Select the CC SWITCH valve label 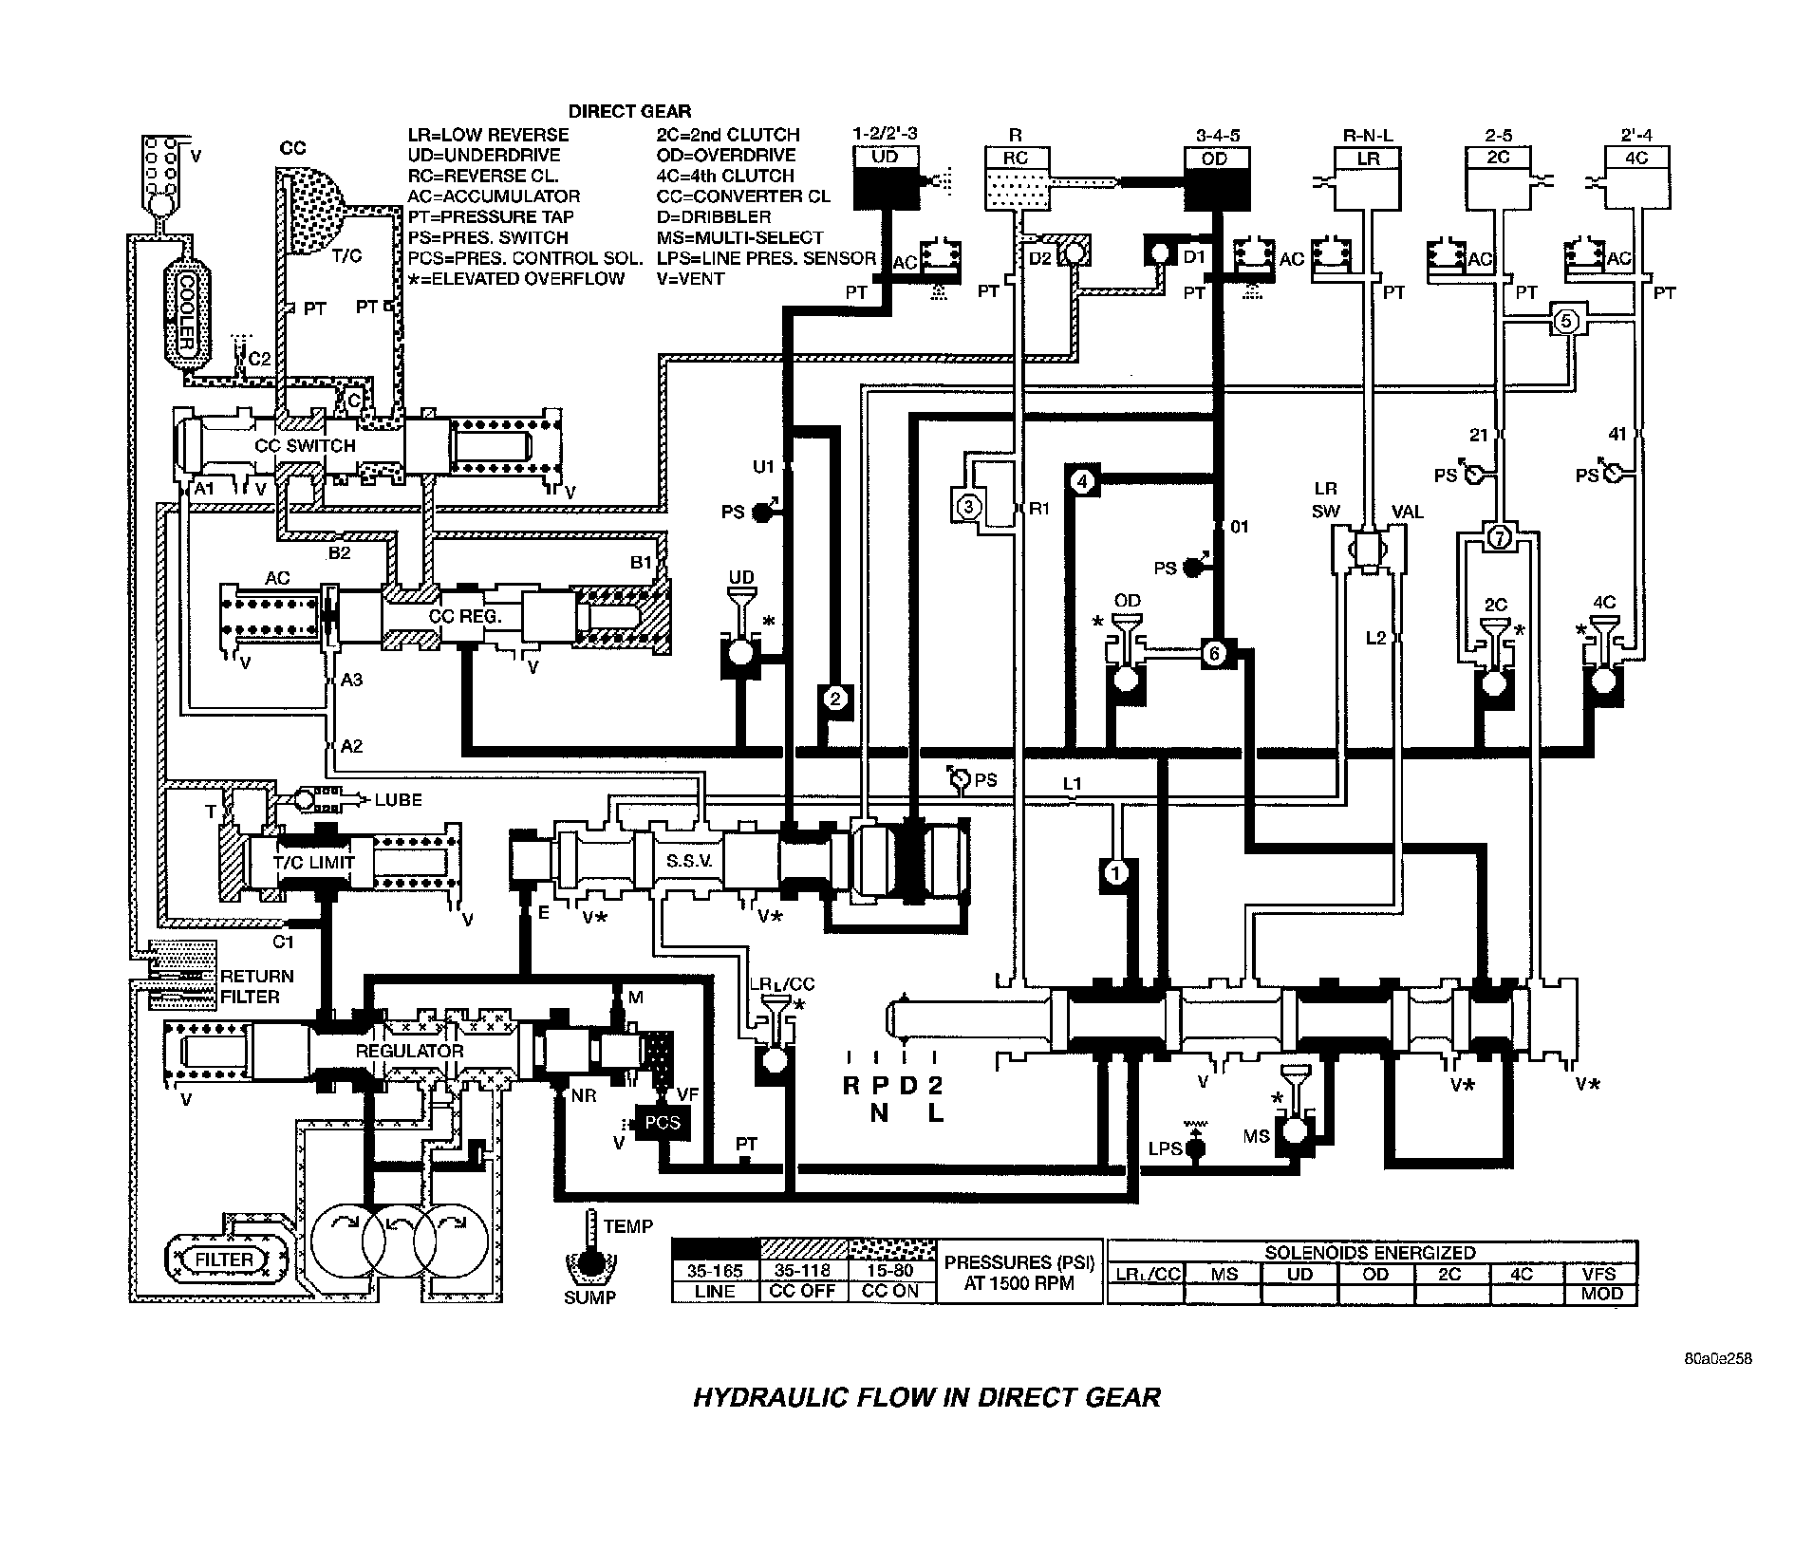(x=306, y=445)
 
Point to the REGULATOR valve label (x=409, y=1051)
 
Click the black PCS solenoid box (x=662, y=1122)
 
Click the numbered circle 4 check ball (x=1085, y=481)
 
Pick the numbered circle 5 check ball (x=1566, y=322)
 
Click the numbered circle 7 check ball (x=1498, y=537)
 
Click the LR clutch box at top (x=1368, y=177)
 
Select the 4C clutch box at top (x=1635, y=177)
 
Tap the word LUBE (x=398, y=800)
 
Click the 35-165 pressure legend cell (x=715, y=1271)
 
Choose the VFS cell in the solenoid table (x=1600, y=1274)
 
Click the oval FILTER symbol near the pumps (x=225, y=1260)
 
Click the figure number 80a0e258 (x=1716, y=1358)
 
